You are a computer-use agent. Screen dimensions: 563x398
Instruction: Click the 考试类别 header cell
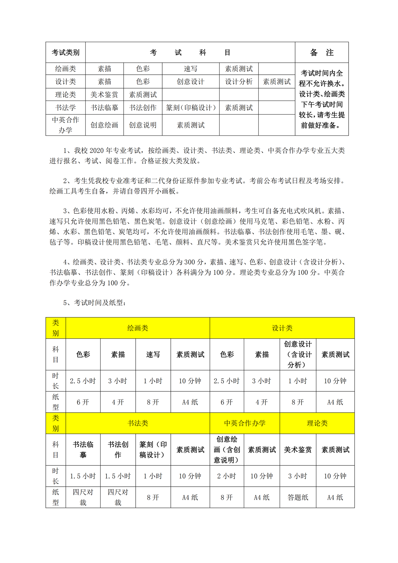[x=65, y=52]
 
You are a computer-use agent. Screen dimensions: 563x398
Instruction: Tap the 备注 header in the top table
[x=321, y=52]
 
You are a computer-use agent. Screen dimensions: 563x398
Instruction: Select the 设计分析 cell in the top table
[x=239, y=82]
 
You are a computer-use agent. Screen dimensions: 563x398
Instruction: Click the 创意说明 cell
[x=143, y=125]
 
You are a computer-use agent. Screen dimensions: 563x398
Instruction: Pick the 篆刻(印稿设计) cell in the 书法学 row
[x=191, y=108]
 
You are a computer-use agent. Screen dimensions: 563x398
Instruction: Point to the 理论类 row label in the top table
[x=65, y=95]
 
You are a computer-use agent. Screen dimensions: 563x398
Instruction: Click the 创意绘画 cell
[x=104, y=125]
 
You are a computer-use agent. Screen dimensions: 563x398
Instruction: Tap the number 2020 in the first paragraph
[x=97, y=150]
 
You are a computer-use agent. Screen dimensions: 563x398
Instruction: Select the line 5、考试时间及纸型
[x=95, y=303]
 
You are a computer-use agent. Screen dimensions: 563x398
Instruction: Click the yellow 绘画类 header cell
[x=138, y=328]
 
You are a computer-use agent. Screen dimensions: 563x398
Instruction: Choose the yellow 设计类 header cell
[x=282, y=328]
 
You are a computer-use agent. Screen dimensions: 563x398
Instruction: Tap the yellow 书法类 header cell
[x=138, y=423]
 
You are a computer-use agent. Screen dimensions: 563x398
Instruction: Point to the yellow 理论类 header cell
[x=317, y=423]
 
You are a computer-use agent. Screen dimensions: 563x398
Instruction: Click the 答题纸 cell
[x=298, y=497]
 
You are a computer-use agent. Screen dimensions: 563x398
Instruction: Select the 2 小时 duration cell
[x=227, y=476]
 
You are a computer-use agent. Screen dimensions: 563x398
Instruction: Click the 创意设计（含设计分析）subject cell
[x=298, y=354]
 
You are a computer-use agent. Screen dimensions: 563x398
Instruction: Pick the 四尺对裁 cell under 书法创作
[x=118, y=497]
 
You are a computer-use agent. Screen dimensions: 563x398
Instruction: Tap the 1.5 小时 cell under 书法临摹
[x=83, y=476]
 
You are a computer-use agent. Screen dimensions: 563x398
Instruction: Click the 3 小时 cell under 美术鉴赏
[x=298, y=476]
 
